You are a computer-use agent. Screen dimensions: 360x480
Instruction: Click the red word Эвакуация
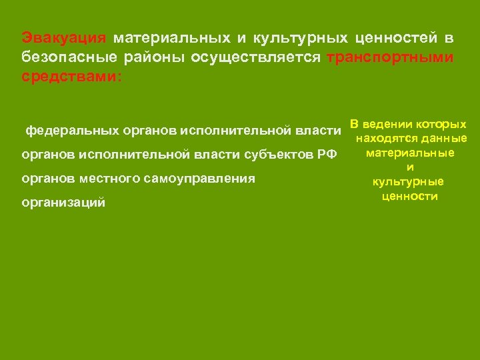(x=63, y=38)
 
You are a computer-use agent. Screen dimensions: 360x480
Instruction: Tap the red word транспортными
(x=390, y=57)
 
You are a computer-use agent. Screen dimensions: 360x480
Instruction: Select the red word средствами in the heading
(x=71, y=77)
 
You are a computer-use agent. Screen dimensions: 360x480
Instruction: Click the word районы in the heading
(x=157, y=57)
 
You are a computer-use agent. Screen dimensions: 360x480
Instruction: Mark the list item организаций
(x=63, y=203)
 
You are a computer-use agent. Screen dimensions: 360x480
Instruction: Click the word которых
(x=441, y=124)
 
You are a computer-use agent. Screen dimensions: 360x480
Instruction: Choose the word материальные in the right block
(x=410, y=153)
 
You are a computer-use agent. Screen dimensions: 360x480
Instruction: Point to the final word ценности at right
(x=410, y=196)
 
